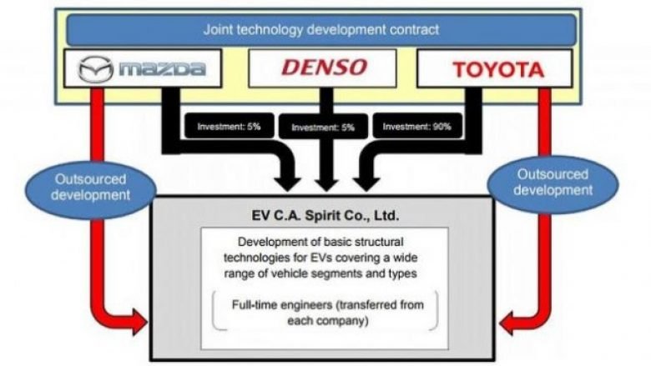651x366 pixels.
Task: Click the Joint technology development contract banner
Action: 321,29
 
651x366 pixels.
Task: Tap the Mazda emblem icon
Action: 95,69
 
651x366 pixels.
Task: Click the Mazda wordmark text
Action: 163,69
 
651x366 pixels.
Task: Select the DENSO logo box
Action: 323,68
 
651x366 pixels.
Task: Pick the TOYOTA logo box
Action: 494,68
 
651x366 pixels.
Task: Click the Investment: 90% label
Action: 416,126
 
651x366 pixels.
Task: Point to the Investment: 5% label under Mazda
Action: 229,126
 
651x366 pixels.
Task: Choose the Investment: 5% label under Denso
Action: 323,127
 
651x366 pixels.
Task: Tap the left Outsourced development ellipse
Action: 90,188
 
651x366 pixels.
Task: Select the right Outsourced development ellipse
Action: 553,183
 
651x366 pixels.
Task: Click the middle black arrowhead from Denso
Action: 326,184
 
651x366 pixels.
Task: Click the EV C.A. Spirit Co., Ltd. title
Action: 325,216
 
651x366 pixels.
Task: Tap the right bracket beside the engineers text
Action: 435,311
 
